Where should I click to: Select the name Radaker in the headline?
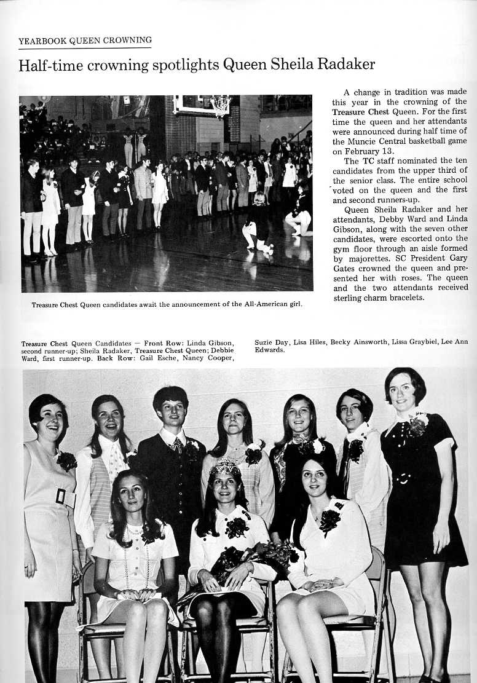pos(347,65)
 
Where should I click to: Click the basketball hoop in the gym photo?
pos(220,106)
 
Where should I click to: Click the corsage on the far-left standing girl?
pos(66,460)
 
